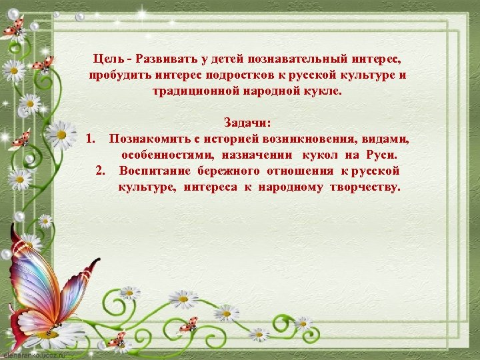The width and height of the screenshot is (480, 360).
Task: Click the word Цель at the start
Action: click(108, 59)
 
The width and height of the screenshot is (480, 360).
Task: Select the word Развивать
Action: click(165, 59)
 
